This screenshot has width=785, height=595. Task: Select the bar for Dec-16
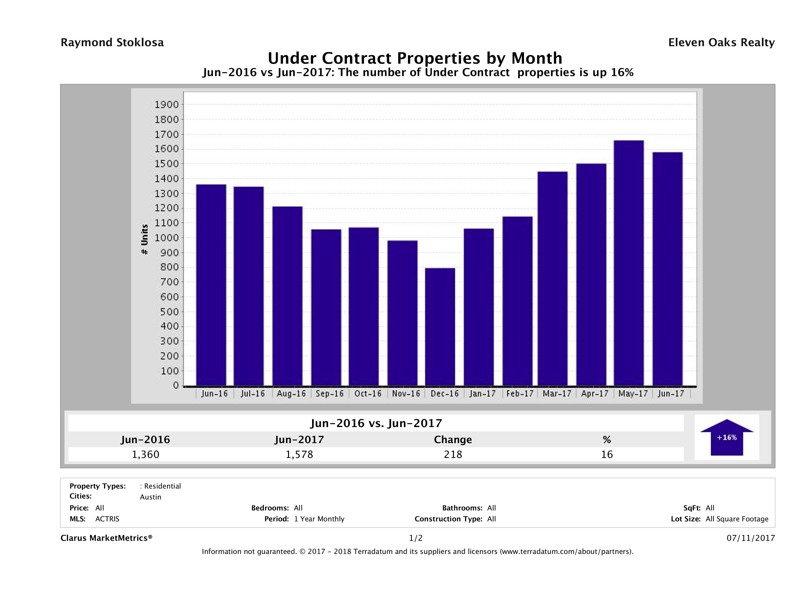[440, 327]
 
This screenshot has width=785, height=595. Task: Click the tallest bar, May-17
[629, 263]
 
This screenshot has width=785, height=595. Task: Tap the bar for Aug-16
[288, 296]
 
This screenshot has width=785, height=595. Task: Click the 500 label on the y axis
[166, 312]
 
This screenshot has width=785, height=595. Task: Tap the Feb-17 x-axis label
[520, 394]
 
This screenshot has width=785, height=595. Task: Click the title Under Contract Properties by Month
[415, 58]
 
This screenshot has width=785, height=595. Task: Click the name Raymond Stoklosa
[112, 43]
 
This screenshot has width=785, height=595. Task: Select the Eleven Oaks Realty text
[721, 43]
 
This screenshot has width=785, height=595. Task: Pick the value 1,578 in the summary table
[299, 454]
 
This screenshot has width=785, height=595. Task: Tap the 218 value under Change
[453, 454]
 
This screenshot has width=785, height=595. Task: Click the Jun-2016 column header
[145, 440]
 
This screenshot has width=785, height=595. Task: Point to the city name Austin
[151, 497]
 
